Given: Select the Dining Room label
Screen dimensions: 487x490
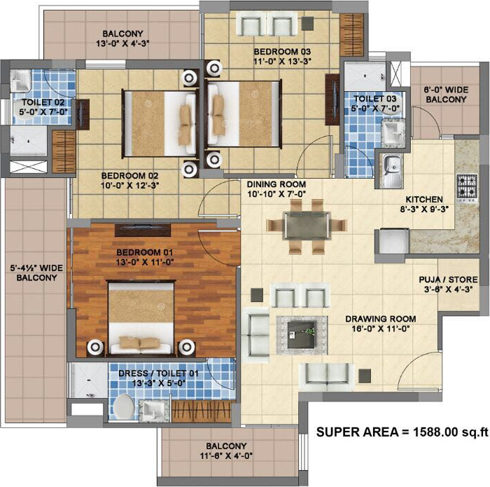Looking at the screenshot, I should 276,184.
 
